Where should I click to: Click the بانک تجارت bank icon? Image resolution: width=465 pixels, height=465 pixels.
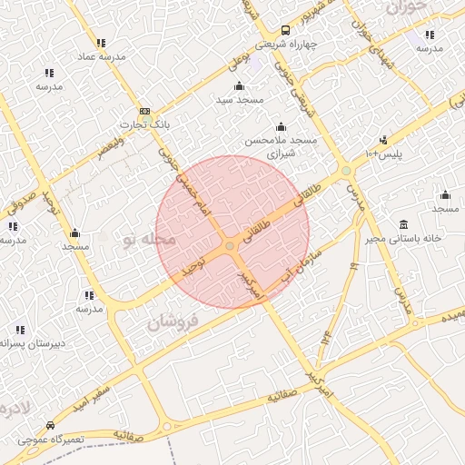tap(145, 111)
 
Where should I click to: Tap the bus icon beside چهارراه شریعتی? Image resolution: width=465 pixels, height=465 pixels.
tap(285, 30)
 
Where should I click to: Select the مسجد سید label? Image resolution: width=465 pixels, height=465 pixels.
tap(239, 99)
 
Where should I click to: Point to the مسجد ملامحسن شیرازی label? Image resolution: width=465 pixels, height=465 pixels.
tap(280, 147)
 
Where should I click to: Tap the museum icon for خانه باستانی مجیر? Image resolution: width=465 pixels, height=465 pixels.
tap(403, 225)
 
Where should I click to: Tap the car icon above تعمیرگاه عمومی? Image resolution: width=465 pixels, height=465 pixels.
tap(49, 425)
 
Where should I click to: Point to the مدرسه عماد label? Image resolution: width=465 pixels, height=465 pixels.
tap(101, 56)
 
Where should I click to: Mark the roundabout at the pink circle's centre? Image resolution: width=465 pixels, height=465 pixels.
tap(231, 246)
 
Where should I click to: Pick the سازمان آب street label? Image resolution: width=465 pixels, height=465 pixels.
tap(297, 258)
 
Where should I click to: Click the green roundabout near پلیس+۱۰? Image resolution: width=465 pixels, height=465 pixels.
tap(346, 170)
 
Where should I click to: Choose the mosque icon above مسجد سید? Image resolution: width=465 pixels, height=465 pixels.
tap(239, 85)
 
